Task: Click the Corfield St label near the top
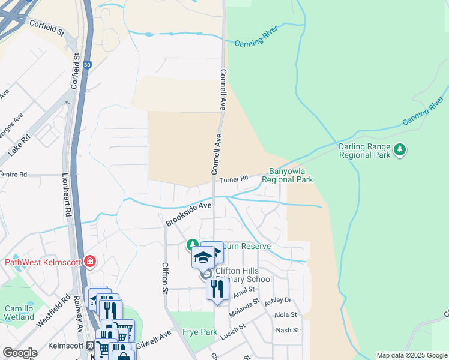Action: coord(45,28)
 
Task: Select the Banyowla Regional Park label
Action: coord(291,175)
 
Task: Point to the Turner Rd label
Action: coord(234,179)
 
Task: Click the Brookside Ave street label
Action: coord(188,214)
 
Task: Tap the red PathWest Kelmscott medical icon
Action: coord(90,261)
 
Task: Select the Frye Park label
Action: coord(200,332)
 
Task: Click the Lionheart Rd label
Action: coord(66,195)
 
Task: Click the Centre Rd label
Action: coord(13,175)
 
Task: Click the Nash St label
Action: coord(287,330)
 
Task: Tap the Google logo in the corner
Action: coord(20,353)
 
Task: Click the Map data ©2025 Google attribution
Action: coord(412,355)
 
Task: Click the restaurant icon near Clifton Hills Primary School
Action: coord(217,289)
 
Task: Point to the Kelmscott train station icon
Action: coord(89,346)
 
